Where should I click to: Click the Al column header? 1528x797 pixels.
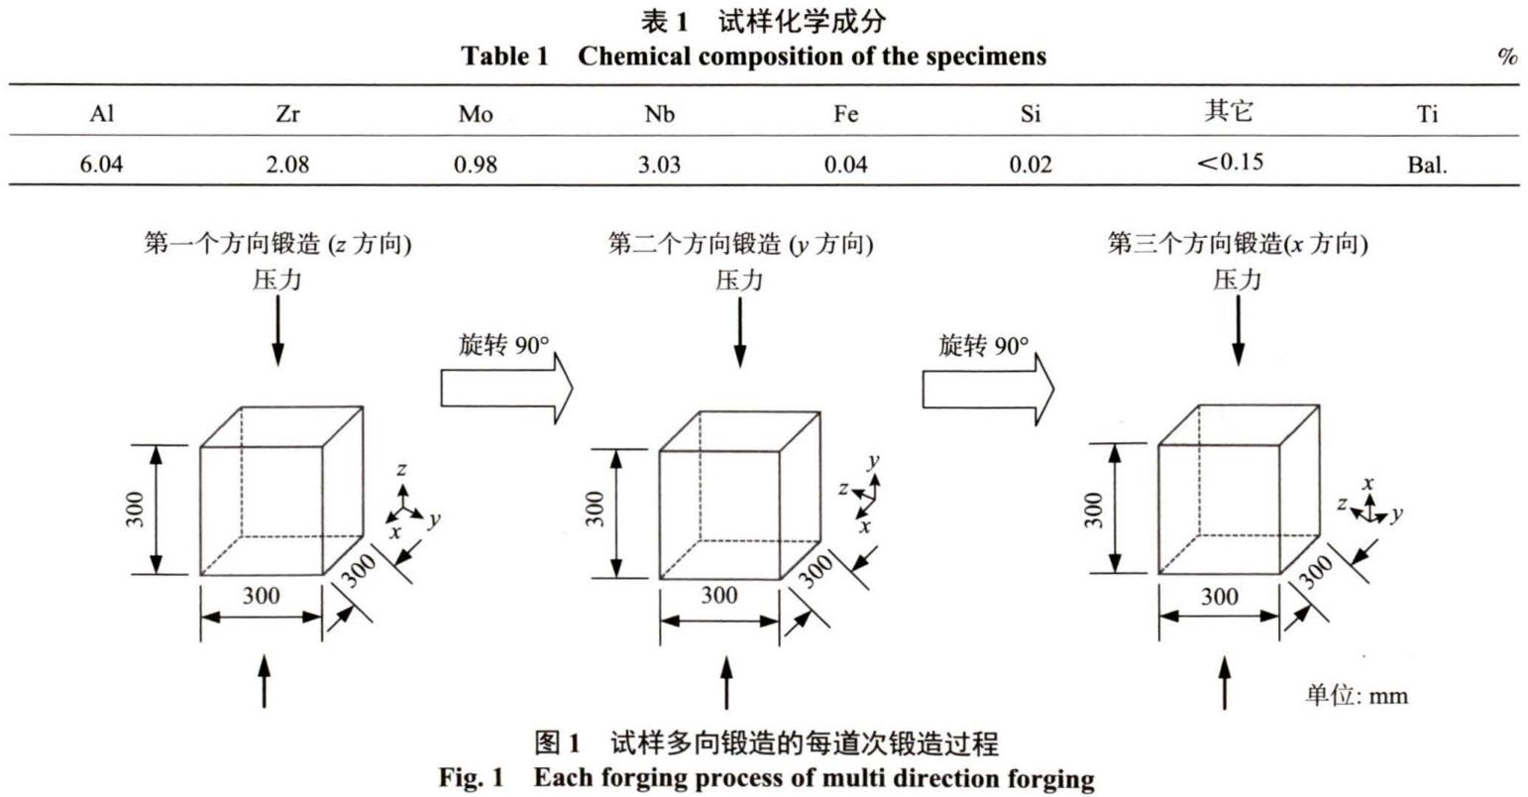102,114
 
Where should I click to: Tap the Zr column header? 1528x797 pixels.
286,114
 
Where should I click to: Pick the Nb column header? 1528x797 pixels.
660,114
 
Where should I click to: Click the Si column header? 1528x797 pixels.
1030,114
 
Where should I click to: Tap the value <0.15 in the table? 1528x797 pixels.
1230,161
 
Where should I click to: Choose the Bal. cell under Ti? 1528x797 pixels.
1427,165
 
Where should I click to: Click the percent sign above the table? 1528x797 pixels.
1507,57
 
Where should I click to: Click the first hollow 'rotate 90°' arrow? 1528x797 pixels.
506,387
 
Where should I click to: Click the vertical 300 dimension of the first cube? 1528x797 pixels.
137,510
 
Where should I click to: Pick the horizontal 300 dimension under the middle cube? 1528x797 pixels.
719,596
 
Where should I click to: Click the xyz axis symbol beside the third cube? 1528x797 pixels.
1369,507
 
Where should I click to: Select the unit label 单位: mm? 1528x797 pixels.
1356,694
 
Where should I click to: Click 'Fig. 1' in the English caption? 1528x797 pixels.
472,777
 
